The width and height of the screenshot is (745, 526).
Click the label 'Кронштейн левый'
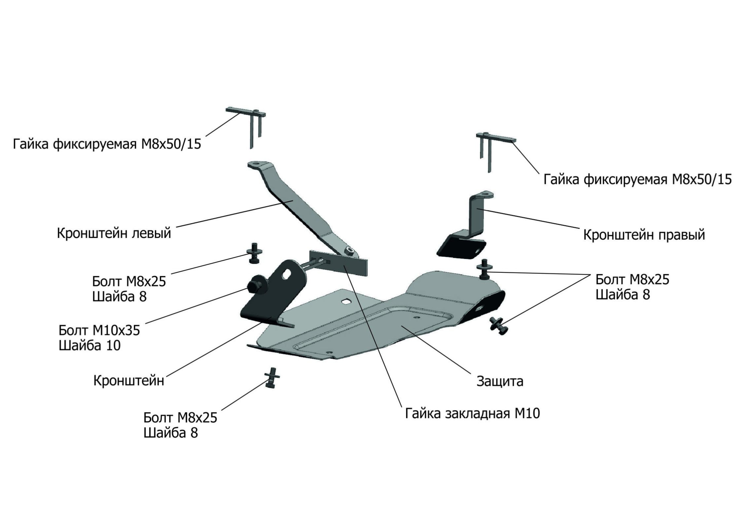point(114,233)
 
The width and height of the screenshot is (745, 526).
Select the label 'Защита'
point(500,381)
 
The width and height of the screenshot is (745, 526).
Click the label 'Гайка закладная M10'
point(473,414)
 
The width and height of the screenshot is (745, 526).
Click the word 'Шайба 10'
point(90,346)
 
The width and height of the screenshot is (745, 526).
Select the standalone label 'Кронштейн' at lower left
point(129,381)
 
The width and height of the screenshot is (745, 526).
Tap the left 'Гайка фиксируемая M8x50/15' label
point(107,144)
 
